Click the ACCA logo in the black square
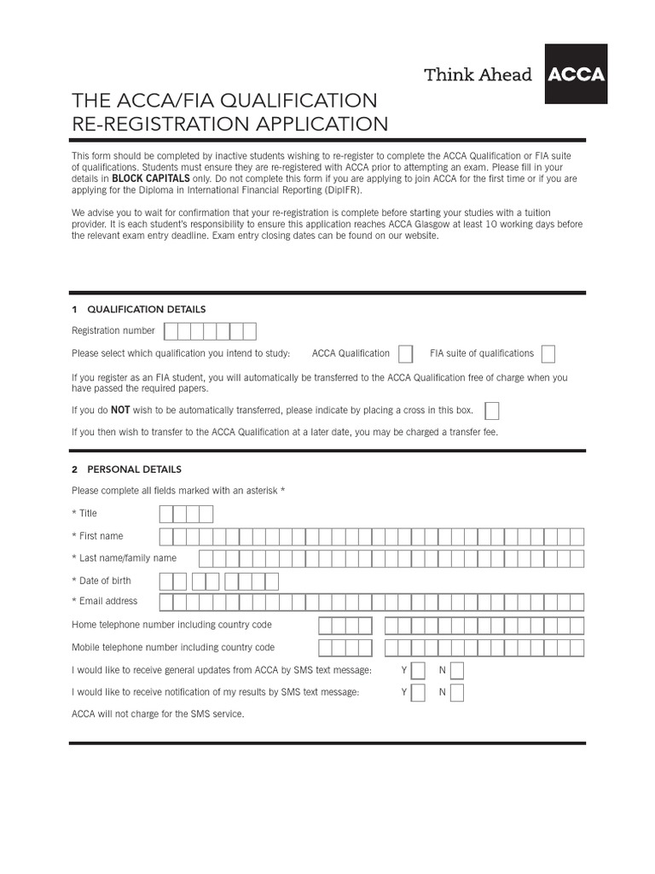tap(576, 74)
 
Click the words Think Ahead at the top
tap(478, 75)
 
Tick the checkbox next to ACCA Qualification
tap(406, 353)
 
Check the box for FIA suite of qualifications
tap(548, 353)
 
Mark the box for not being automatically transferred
tap(491, 411)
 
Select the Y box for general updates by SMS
tap(418, 670)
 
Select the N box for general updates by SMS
tap(457, 670)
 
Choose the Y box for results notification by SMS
tap(418, 692)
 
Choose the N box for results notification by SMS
tap(457, 692)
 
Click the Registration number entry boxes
tap(210, 331)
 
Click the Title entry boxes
tap(186, 514)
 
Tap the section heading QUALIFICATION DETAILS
tap(145, 309)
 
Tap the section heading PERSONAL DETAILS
tap(133, 469)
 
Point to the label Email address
tap(108, 601)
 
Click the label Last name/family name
tap(128, 558)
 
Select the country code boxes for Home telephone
tap(345, 626)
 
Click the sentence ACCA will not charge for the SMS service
tap(158, 714)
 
